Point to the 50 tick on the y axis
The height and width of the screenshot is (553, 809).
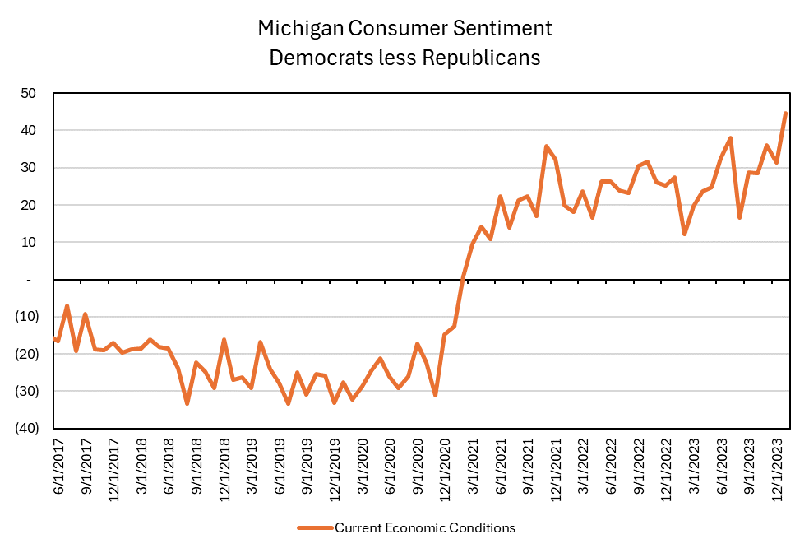(x=28, y=93)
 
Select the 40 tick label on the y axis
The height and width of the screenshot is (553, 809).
(x=28, y=130)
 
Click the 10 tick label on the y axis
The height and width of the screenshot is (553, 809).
(x=28, y=242)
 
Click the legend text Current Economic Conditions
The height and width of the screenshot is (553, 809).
(x=424, y=527)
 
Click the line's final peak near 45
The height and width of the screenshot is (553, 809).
(x=786, y=113)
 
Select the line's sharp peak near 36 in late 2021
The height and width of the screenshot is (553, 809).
(x=546, y=146)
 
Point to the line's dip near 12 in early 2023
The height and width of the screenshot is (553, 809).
(x=685, y=235)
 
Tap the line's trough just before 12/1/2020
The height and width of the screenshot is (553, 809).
(x=435, y=396)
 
